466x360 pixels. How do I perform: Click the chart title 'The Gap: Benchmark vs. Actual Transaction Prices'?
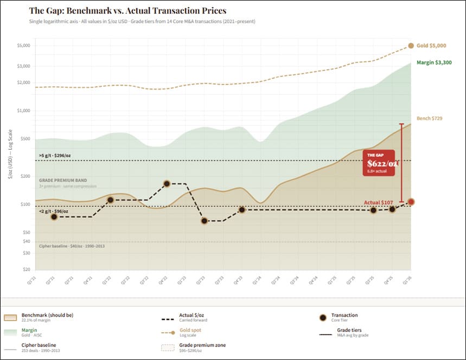(128, 11)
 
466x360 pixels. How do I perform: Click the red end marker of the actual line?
(411, 202)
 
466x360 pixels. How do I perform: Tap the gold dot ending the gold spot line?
(411, 46)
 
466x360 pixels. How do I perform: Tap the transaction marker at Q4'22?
(167, 184)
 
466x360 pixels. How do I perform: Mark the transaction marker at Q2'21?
(54, 217)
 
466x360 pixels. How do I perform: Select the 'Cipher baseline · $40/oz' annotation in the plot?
(72, 246)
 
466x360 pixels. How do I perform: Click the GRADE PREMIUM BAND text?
(63, 179)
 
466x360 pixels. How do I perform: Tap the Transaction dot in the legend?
(323, 317)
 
